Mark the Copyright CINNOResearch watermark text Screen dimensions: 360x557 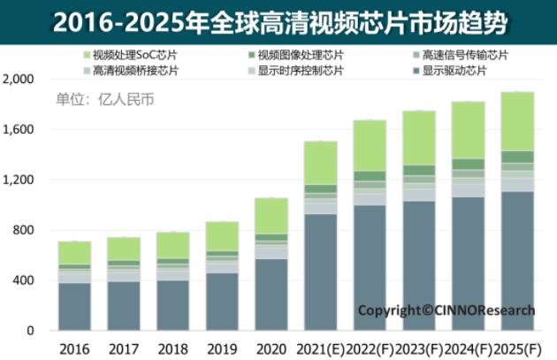[446, 310]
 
